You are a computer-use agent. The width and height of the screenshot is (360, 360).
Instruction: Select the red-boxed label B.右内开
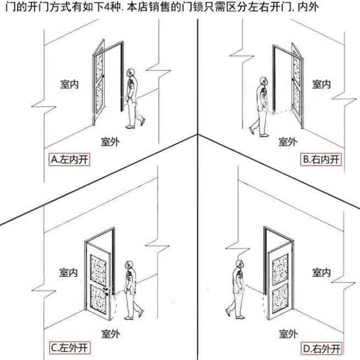pyautogui.click(x=322, y=160)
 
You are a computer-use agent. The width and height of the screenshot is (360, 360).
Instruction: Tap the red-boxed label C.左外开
pyautogui.click(x=69, y=347)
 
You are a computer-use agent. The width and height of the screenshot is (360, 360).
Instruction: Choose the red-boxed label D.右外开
pyautogui.click(x=321, y=347)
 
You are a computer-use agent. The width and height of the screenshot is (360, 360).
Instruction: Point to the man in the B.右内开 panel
pyautogui.click(x=262, y=104)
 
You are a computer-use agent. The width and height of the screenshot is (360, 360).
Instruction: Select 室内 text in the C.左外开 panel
pyautogui.click(x=69, y=272)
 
